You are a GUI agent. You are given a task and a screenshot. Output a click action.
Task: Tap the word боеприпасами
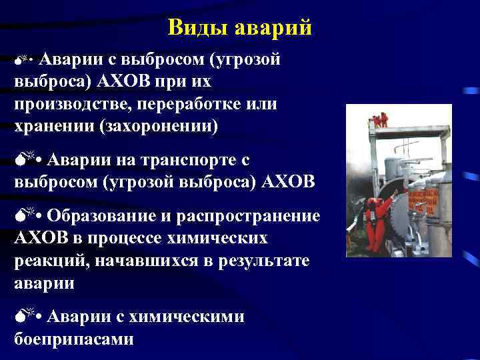[73, 339]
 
